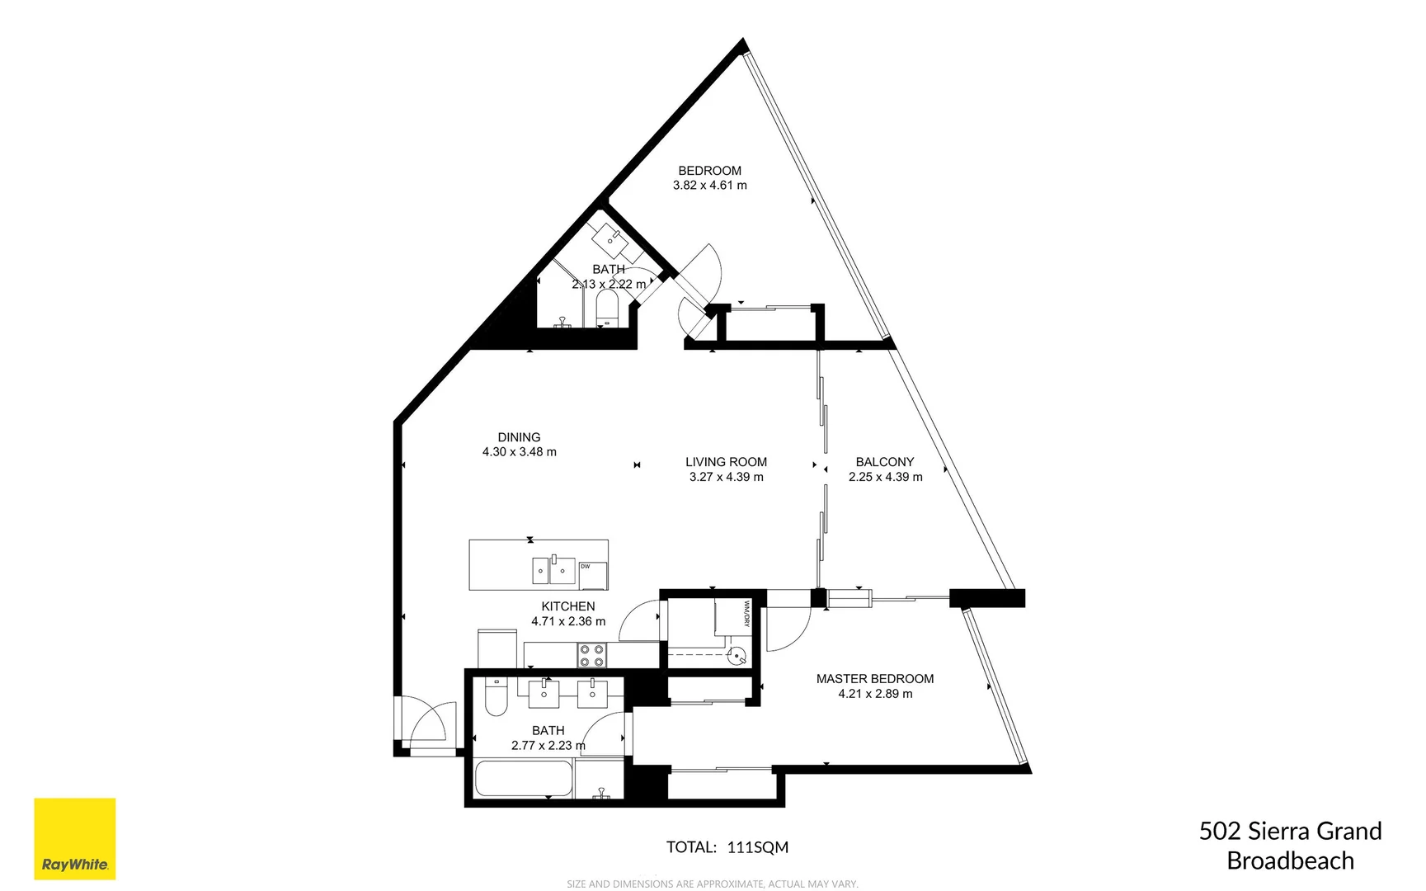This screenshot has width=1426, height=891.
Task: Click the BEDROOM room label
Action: point(709,171)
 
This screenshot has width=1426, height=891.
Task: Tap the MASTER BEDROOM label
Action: point(875,679)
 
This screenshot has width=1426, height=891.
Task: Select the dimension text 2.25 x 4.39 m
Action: point(885,477)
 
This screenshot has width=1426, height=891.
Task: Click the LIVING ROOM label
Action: point(726,462)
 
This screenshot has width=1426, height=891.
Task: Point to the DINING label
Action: point(519,437)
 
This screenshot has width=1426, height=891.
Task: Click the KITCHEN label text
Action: point(567,606)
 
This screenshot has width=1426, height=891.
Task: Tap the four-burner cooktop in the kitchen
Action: point(591,655)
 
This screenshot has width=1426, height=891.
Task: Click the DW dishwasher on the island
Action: point(592,575)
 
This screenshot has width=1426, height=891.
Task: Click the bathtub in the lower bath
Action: point(524,780)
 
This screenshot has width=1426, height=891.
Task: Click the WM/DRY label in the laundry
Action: point(746,613)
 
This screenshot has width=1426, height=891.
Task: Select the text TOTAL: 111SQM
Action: point(727,847)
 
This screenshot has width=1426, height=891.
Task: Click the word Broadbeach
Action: point(1290,860)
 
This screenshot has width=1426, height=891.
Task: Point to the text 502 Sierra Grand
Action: point(1290,831)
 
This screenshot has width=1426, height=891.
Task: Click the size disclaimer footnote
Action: point(712,884)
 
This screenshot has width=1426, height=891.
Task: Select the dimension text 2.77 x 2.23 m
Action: point(548,745)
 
